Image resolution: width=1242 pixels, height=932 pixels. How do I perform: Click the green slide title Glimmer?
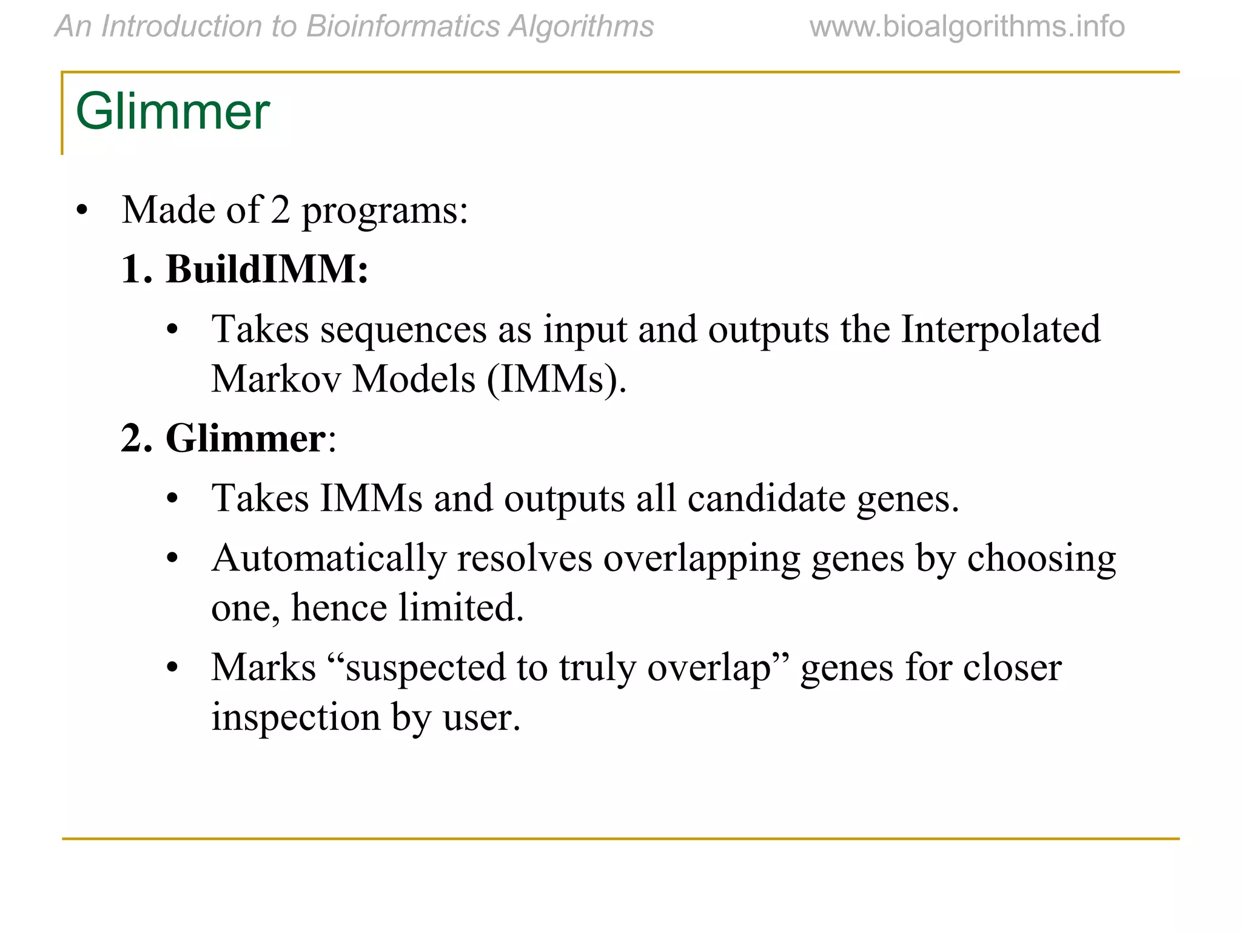(x=172, y=112)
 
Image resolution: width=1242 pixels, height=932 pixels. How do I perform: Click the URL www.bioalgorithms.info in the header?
(x=967, y=27)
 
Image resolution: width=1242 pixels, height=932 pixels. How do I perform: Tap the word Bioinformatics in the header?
(x=403, y=27)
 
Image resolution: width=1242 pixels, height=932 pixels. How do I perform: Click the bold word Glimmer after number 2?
(x=245, y=438)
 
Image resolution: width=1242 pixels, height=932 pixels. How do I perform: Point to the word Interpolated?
(x=1000, y=329)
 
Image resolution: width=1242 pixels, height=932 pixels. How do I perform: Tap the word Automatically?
(x=328, y=558)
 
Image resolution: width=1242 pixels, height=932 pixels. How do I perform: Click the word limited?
(x=460, y=607)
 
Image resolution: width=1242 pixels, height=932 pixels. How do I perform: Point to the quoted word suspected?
(x=425, y=667)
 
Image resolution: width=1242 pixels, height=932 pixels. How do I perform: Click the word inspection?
(x=295, y=717)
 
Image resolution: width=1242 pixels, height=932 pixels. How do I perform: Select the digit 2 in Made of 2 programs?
(x=280, y=211)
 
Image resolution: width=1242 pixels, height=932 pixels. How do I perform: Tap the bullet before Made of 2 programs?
(x=82, y=212)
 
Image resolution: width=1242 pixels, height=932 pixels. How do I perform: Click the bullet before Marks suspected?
(x=172, y=668)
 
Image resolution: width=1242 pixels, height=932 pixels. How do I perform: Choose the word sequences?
(x=403, y=329)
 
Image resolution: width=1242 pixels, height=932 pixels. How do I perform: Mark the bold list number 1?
(x=135, y=269)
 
